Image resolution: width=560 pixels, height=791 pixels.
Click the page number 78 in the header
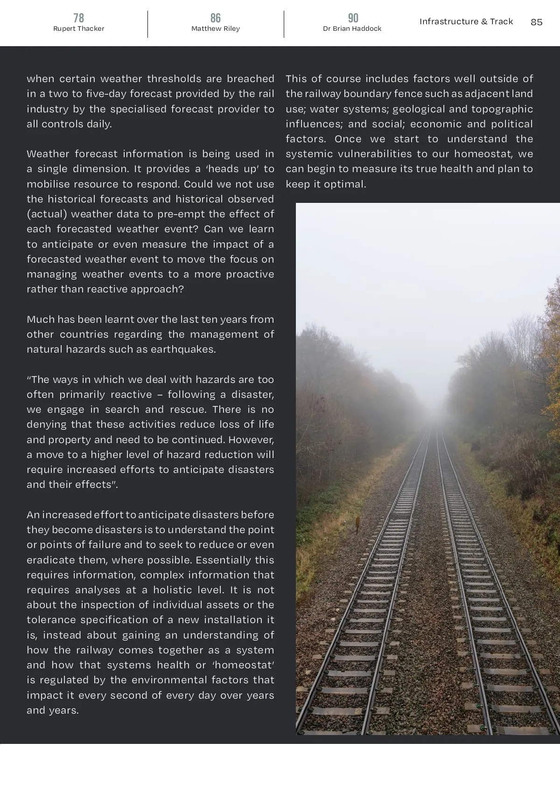pos(78,18)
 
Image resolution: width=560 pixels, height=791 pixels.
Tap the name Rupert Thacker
pos(78,29)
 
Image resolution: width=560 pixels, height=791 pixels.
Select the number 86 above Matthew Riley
pos(215,18)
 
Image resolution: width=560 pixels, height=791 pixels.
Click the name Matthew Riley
pos(215,29)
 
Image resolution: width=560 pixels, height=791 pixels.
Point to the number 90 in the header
pos(353,18)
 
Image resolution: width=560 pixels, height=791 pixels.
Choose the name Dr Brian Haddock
pos(352,29)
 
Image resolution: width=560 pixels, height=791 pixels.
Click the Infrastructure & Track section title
pos(466,21)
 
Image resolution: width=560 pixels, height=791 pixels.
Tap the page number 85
pos(536,22)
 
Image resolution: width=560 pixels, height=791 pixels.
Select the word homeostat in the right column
pos(483,154)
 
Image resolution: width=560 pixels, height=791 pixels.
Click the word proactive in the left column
pos(250,274)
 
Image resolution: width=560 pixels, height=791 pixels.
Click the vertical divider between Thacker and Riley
pos(148,24)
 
